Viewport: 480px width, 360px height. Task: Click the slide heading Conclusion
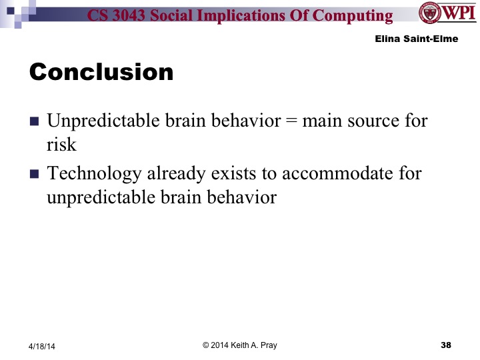pos(101,72)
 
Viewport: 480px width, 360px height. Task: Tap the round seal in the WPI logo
pos(429,13)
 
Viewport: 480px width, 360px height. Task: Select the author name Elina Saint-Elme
pos(414,39)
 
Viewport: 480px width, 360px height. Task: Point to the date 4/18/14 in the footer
pos(43,345)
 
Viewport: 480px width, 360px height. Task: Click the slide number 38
pos(446,345)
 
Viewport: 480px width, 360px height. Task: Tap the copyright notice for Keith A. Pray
pos(239,345)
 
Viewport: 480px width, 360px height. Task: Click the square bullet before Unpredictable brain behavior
pos(35,123)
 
